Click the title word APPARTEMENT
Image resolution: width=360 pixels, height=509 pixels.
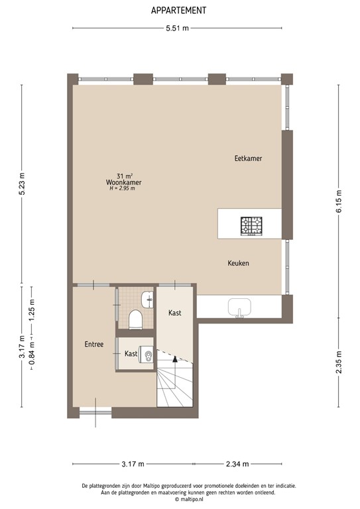pos(178,11)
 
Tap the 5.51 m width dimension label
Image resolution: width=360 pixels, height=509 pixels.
pos(178,28)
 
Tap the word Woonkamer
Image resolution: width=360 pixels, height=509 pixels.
pos(123,182)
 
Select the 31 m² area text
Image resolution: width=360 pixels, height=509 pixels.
pos(123,175)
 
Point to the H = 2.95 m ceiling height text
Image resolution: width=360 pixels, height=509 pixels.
pos(123,189)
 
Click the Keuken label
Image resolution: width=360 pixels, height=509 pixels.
pos(238,263)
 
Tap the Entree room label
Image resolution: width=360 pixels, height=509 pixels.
pos(93,345)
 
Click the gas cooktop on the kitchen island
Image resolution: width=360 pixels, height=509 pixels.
pos(252,226)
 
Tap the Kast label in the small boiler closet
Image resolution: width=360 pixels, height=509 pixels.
pos(131,354)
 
